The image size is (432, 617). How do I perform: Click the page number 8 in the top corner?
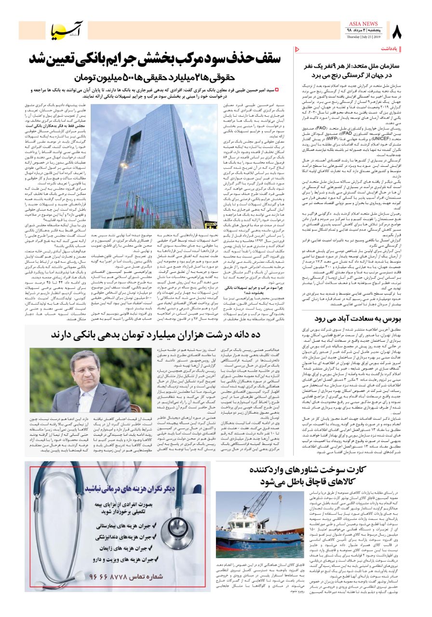tap(396, 32)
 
